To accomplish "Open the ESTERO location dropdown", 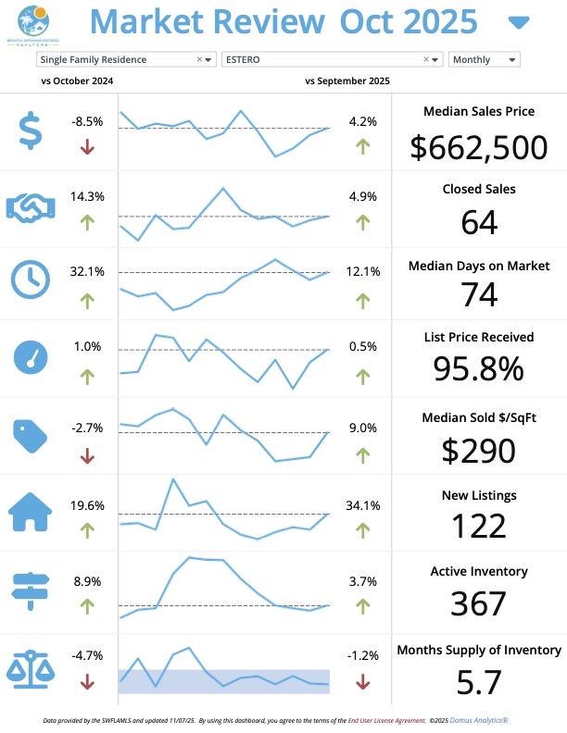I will tap(324, 59).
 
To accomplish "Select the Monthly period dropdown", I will tap(484, 59).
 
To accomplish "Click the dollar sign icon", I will tap(31, 131).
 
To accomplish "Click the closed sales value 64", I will tap(478, 221).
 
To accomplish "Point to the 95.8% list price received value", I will tap(478, 369).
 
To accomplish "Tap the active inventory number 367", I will tap(478, 603).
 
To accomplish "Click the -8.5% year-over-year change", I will tap(87, 121).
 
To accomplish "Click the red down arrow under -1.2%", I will tap(362, 682).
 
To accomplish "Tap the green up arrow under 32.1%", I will tap(87, 300).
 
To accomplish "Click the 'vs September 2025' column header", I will tap(346, 81).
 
